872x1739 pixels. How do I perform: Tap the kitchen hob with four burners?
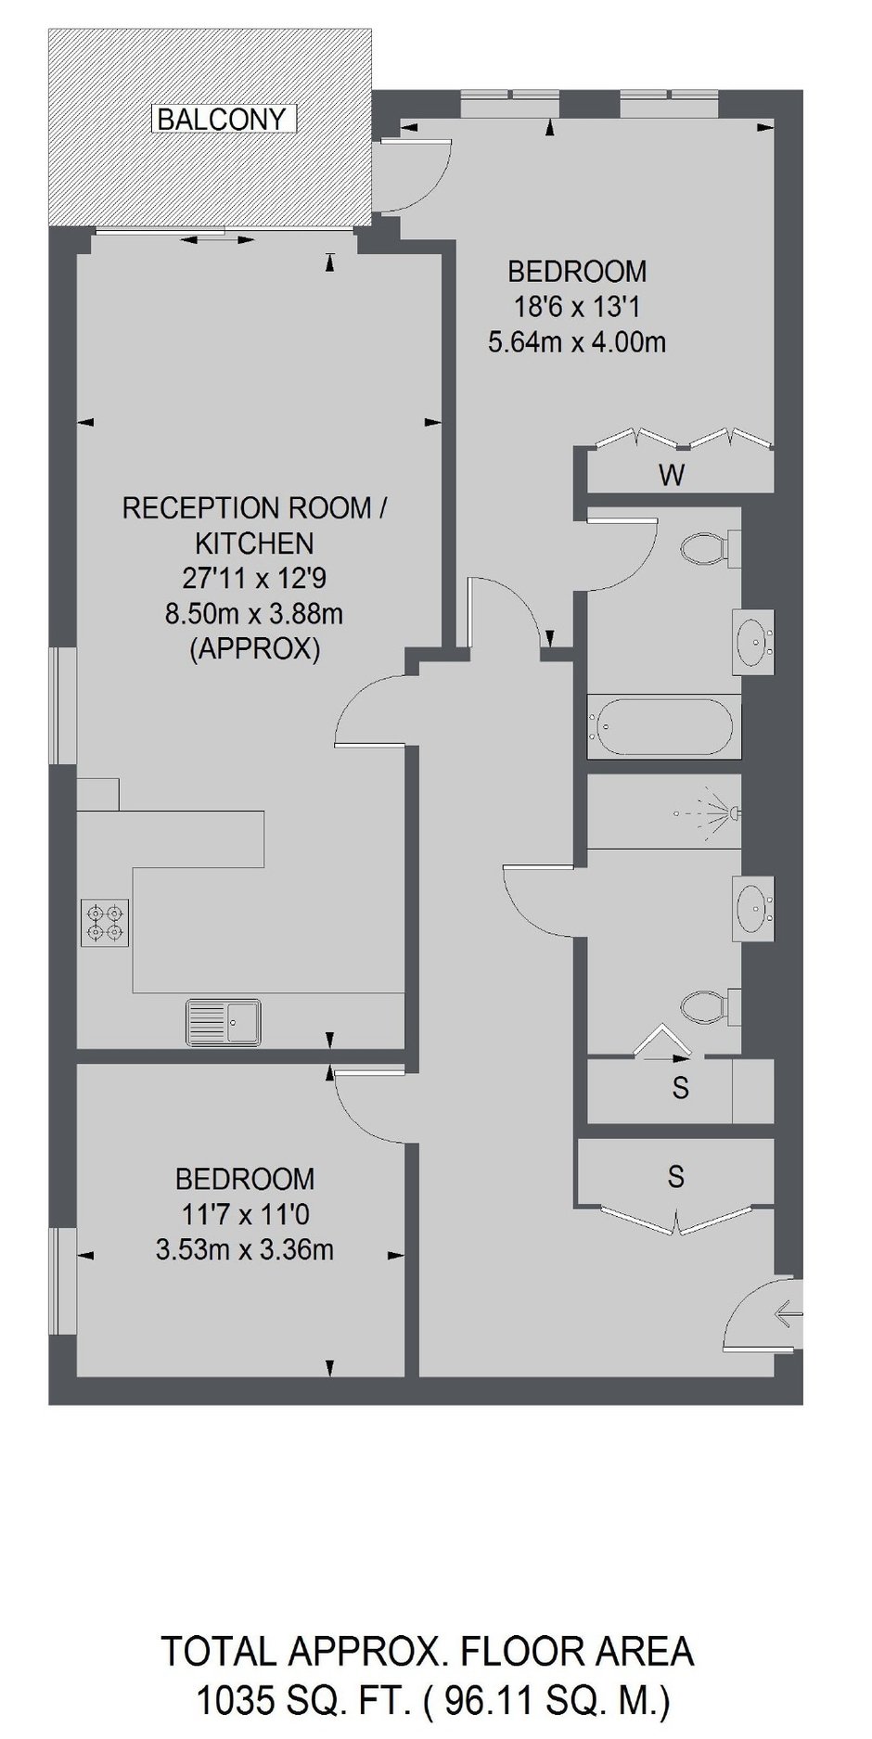point(105,923)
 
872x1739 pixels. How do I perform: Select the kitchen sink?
point(224,1023)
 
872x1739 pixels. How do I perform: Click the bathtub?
point(664,728)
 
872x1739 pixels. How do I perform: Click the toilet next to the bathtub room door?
point(711,548)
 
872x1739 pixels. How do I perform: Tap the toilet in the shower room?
point(711,1005)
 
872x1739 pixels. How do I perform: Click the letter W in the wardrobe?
point(672,476)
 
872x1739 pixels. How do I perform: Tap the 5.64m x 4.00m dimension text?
point(576,342)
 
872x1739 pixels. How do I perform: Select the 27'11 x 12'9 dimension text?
point(254,579)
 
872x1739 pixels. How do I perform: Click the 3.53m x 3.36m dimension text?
point(245,1250)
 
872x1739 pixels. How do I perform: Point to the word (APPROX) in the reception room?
point(254,649)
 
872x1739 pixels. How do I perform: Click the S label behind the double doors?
point(676,1177)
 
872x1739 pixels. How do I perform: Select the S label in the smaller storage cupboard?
point(680,1088)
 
